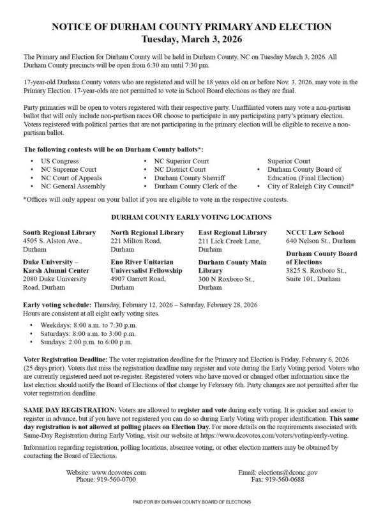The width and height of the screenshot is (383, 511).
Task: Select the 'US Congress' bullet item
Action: (x=59, y=161)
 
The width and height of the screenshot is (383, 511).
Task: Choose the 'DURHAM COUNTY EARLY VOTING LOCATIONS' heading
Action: (x=191, y=217)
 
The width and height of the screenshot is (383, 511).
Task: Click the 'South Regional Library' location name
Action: (x=59, y=232)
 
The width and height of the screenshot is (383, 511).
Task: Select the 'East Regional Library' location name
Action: (x=232, y=232)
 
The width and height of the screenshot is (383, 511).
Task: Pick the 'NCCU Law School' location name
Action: (x=315, y=232)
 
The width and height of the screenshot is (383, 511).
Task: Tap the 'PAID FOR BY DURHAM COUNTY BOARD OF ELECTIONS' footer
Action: (x=191, y=503)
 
